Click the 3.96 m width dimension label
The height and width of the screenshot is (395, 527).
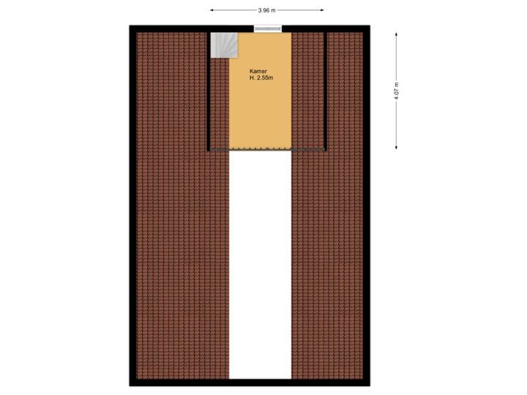pyautogui.click(x=266, y=10)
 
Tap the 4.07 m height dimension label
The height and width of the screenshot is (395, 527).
pyautogui.click(x=396, y=91)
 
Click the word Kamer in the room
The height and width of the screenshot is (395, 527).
pyautogui.click(x=258, y=70)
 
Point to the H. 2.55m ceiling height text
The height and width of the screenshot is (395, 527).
pyautogui.click(x=261, y=78)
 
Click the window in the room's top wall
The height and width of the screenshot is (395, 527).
pyautogui.click(x=267, y=29)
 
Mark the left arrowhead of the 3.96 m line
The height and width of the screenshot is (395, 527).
pyautogui.click(x=212, y=10)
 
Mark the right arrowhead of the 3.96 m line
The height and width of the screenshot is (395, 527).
pyautogui.click(x=322, y=10)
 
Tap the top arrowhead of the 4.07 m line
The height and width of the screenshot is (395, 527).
pyautogui.click(x=396, y=34)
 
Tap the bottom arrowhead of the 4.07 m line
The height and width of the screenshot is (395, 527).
pyautogui.click(x=396, y=148)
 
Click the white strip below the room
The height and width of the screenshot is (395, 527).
pyautogui.click(x=260, y=263)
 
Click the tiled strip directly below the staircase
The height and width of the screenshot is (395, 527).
pyautogui.click(x=220, y=102)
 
